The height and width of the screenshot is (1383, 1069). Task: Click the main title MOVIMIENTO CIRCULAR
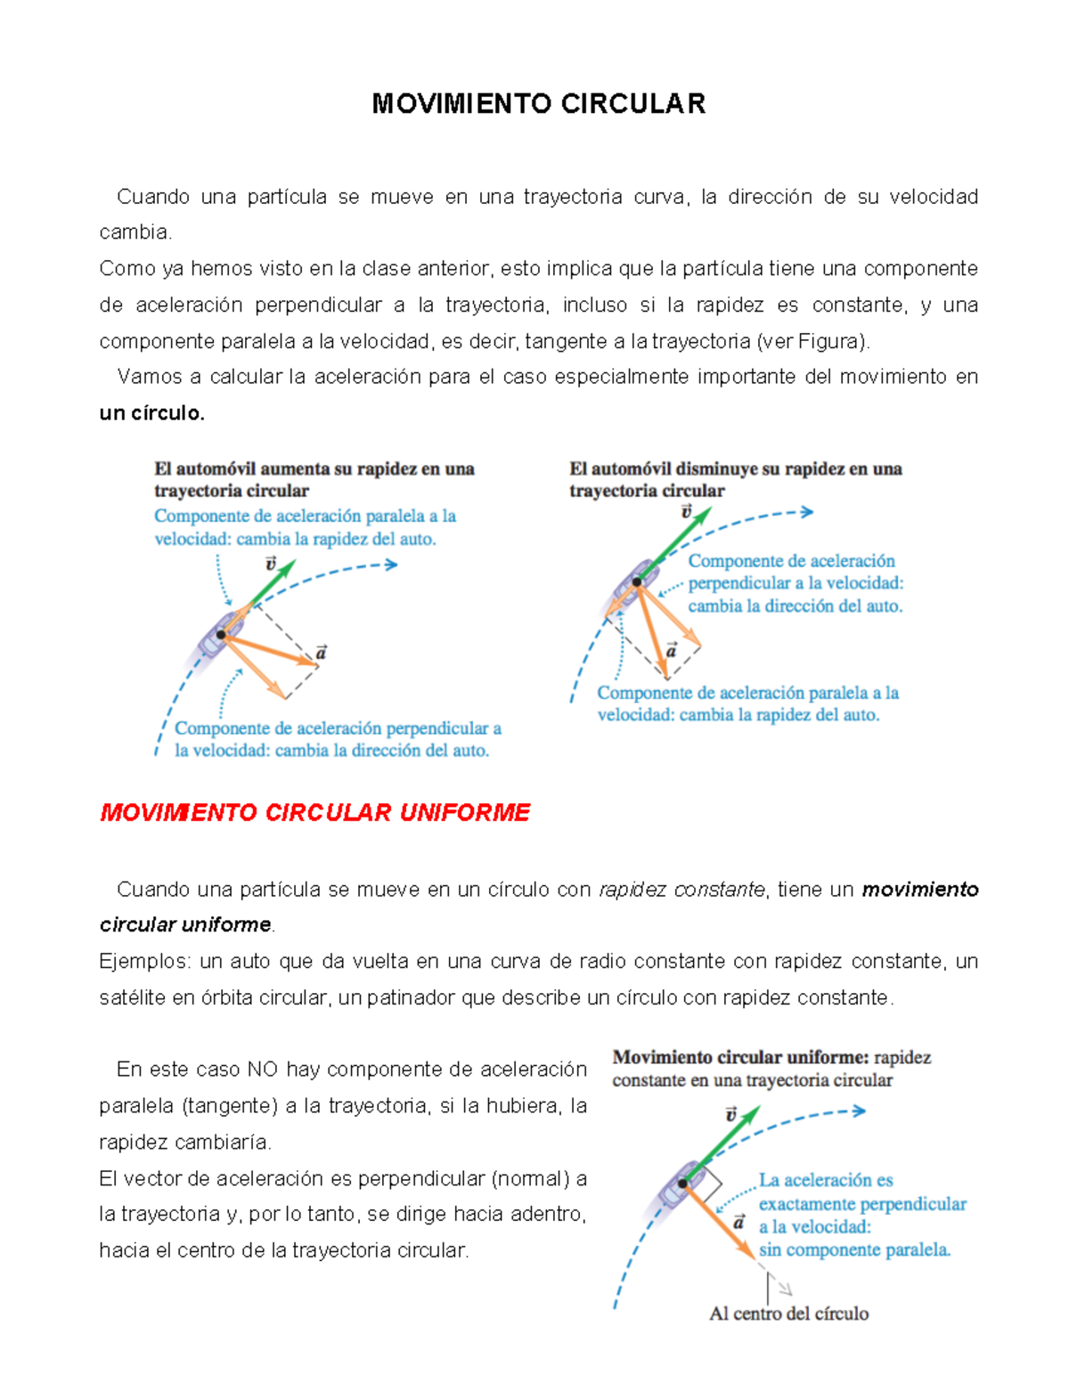pyautogui.click(x=538, y=104)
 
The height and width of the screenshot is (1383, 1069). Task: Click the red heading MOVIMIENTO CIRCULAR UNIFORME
pyautogui.click(x=314, y=812)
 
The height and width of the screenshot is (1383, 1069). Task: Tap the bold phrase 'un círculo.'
pyautogui.click(x=151, y=413)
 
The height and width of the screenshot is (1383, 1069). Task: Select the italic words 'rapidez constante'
pyautogui.click(x=681, y=890)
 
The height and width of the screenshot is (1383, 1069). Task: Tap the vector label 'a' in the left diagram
pyautogui.click(x=321, y=653)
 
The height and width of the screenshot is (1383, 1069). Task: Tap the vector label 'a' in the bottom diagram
pyautogui.click(x=739, y=1223)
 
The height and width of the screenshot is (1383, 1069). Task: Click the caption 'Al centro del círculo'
pyautogui.click(x=788, y=1314)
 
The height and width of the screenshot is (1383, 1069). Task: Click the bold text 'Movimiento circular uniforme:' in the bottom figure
pyautogui.click(x=740, y=1058)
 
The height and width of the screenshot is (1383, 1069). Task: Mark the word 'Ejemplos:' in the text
pyautogui.click(x=144, y=962)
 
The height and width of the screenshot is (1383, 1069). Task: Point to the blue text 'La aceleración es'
pyautogui.click(x=825, y=1181)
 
